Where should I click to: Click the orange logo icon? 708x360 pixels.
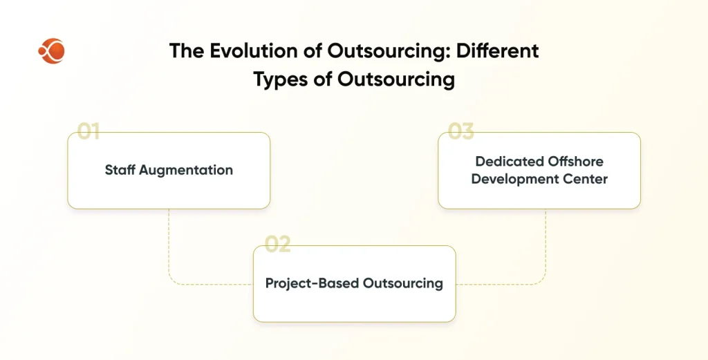[x=51, y=51]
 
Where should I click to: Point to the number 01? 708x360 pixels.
[x=88, y=131]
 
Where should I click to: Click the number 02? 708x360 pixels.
[x=277, y=244]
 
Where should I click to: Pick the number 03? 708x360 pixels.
[x=460, y=131]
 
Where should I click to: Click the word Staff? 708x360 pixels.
[x=120, y=169]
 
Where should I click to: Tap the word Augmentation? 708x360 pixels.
[x=186, y=171]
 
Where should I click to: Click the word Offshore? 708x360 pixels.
[x=575, y=161]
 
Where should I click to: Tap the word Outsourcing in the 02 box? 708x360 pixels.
[x=403, y=283]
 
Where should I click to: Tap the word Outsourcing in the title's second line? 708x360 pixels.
[x=395, y=80]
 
